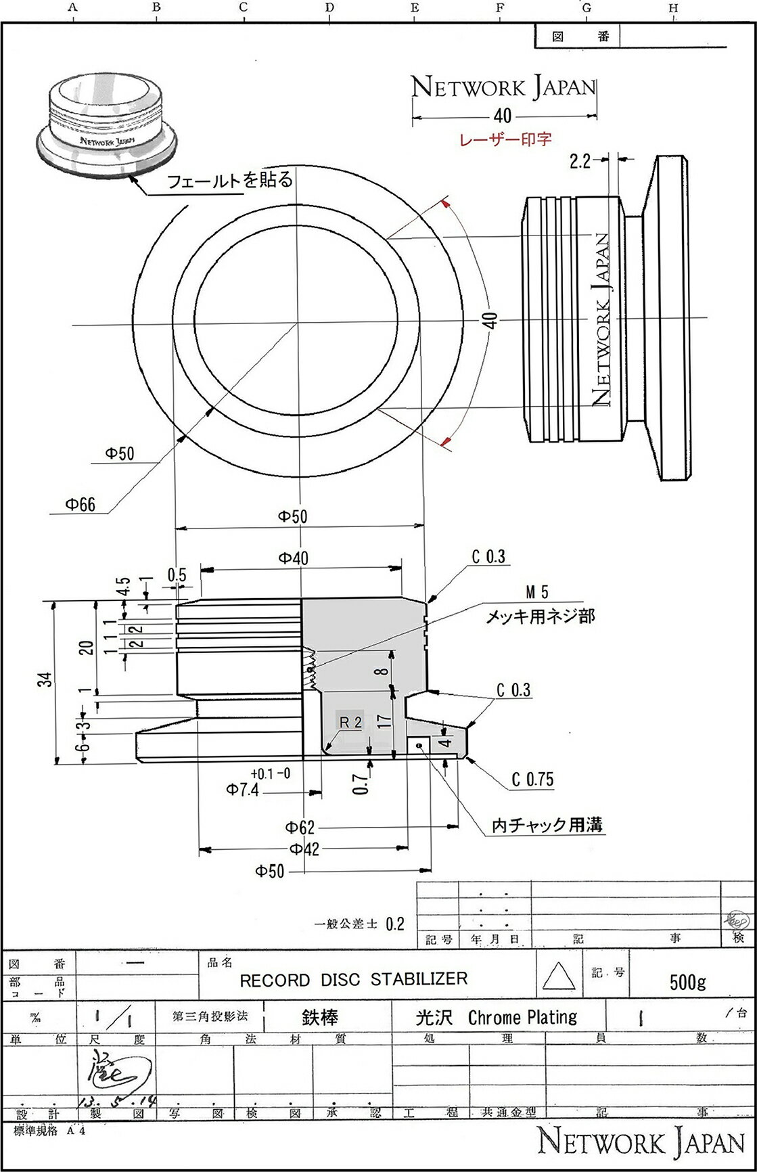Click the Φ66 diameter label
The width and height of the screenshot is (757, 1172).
(x=80, y=504)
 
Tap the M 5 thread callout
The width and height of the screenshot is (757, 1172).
(x=537, y=593)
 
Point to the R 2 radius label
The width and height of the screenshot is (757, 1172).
(x=350, y=721)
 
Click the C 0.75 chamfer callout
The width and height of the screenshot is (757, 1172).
(x=532, y=780)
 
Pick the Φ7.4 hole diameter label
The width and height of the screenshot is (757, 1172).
(x=243, y=790)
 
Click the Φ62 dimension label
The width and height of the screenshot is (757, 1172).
(x=300, y=827)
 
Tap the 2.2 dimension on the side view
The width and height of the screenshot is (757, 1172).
(x=580, y=160)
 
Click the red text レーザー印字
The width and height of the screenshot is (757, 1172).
(x=505, y=139)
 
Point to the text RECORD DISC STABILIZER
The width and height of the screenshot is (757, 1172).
(x=354, y=980)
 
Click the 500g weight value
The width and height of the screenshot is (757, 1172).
(x=687, y=982)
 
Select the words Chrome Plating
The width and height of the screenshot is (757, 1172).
(x=522, y=1018)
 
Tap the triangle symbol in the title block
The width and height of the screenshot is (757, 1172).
(x=559, y=978)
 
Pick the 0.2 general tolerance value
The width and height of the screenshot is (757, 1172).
(x=394, y=924)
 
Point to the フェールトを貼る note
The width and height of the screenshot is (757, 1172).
(x=230, y=180)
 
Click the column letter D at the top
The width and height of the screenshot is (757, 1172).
(x=329, y=8)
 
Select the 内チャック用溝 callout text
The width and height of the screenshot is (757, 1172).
(x=547, y=825)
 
